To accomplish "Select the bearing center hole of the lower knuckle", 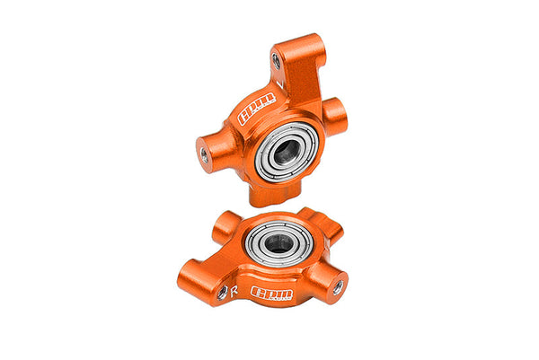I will [278, 241].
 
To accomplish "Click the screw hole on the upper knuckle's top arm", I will [276, 61].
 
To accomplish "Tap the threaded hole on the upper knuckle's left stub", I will [205, 155].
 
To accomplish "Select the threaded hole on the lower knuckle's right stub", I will [337, 287].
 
